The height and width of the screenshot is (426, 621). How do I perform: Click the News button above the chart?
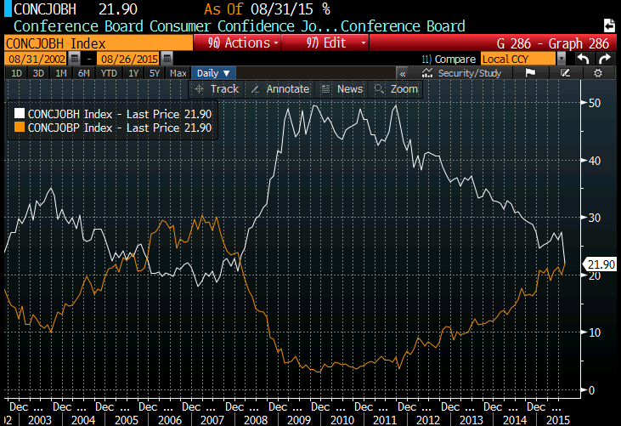click(x=342, y=88)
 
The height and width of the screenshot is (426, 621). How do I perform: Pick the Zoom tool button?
click(x=397, y=88)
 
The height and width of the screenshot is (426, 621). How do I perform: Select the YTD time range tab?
click(x=109, y=73)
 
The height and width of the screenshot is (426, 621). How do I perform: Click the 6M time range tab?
click(x=83, y=73)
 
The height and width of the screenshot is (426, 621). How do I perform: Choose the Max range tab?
click(x=178, y=73)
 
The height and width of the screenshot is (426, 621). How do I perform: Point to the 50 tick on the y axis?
click(x=595, y=103)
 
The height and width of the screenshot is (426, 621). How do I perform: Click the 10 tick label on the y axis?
click(x=595, y=332)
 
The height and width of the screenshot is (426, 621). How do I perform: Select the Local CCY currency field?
click(x=518, y=58)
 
